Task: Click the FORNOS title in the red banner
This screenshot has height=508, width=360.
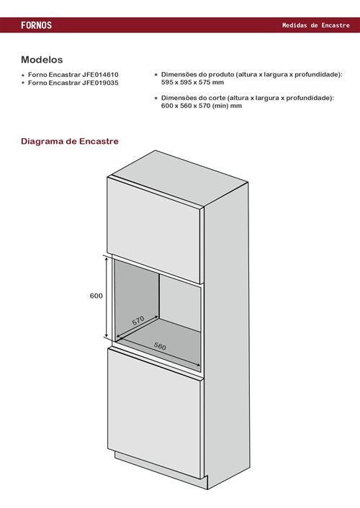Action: [36, 25]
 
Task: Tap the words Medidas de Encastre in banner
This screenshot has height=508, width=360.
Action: [316, 25]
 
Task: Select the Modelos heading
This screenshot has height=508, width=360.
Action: [42, 60]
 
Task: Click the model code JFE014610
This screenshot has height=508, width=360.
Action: [100, 75]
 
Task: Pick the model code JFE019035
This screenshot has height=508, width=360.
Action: [100, 83]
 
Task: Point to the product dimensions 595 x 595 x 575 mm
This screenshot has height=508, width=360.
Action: [193, 82]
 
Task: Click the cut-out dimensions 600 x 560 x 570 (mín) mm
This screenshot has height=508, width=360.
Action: [202, 106]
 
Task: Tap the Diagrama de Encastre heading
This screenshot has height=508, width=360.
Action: [70, 141]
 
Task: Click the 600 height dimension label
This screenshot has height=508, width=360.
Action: [96, 296]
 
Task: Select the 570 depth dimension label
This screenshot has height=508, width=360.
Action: [138, 321]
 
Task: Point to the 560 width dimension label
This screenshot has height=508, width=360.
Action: [160, 346]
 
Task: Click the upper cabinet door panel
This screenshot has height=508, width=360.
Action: [153, 230]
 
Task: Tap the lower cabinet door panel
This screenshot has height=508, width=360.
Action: [154, 413]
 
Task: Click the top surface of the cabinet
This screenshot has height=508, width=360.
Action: [179, 178]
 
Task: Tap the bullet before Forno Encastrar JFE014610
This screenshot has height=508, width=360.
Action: [23, 75]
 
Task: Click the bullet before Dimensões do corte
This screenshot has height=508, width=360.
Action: [156, 98]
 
